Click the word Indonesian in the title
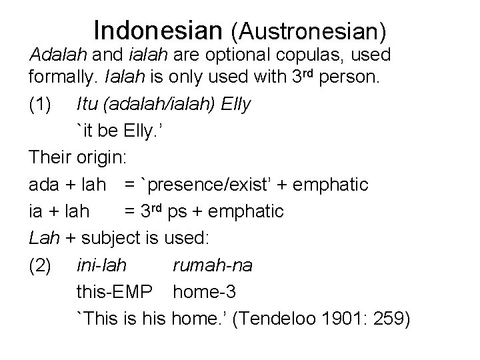pyautogui.click(x=159, y=29)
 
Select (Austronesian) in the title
pyautogui.click(x=309, y=31)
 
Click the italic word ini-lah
pyautogui.click(x=103, y=266)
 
